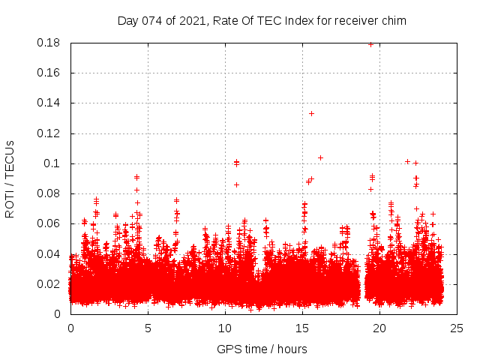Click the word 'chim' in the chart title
[x=393, y=20]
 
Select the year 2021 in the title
[x=193, y=20]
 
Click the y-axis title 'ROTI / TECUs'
[x=10, y=178]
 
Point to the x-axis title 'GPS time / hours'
[x=262, y=349]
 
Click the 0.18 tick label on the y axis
[x=49, y=43]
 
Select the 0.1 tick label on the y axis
[x=55, y=163]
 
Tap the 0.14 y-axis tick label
[x=49, y=103]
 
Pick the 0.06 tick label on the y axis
[x=49, y=223]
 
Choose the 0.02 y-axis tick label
[x=49, y=283]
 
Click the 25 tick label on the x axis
[x=457, y=328]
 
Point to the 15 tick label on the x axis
[x=302, y=328]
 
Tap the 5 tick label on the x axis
[x=148, y=328]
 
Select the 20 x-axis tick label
[x=379, y=328]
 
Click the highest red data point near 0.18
[x=370, y=44]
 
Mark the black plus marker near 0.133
[x=311, y=113]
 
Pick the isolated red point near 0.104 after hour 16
[x=320, y=157]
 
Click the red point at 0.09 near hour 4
[x=136, y=177]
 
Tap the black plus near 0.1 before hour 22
[x=407, y=161]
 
